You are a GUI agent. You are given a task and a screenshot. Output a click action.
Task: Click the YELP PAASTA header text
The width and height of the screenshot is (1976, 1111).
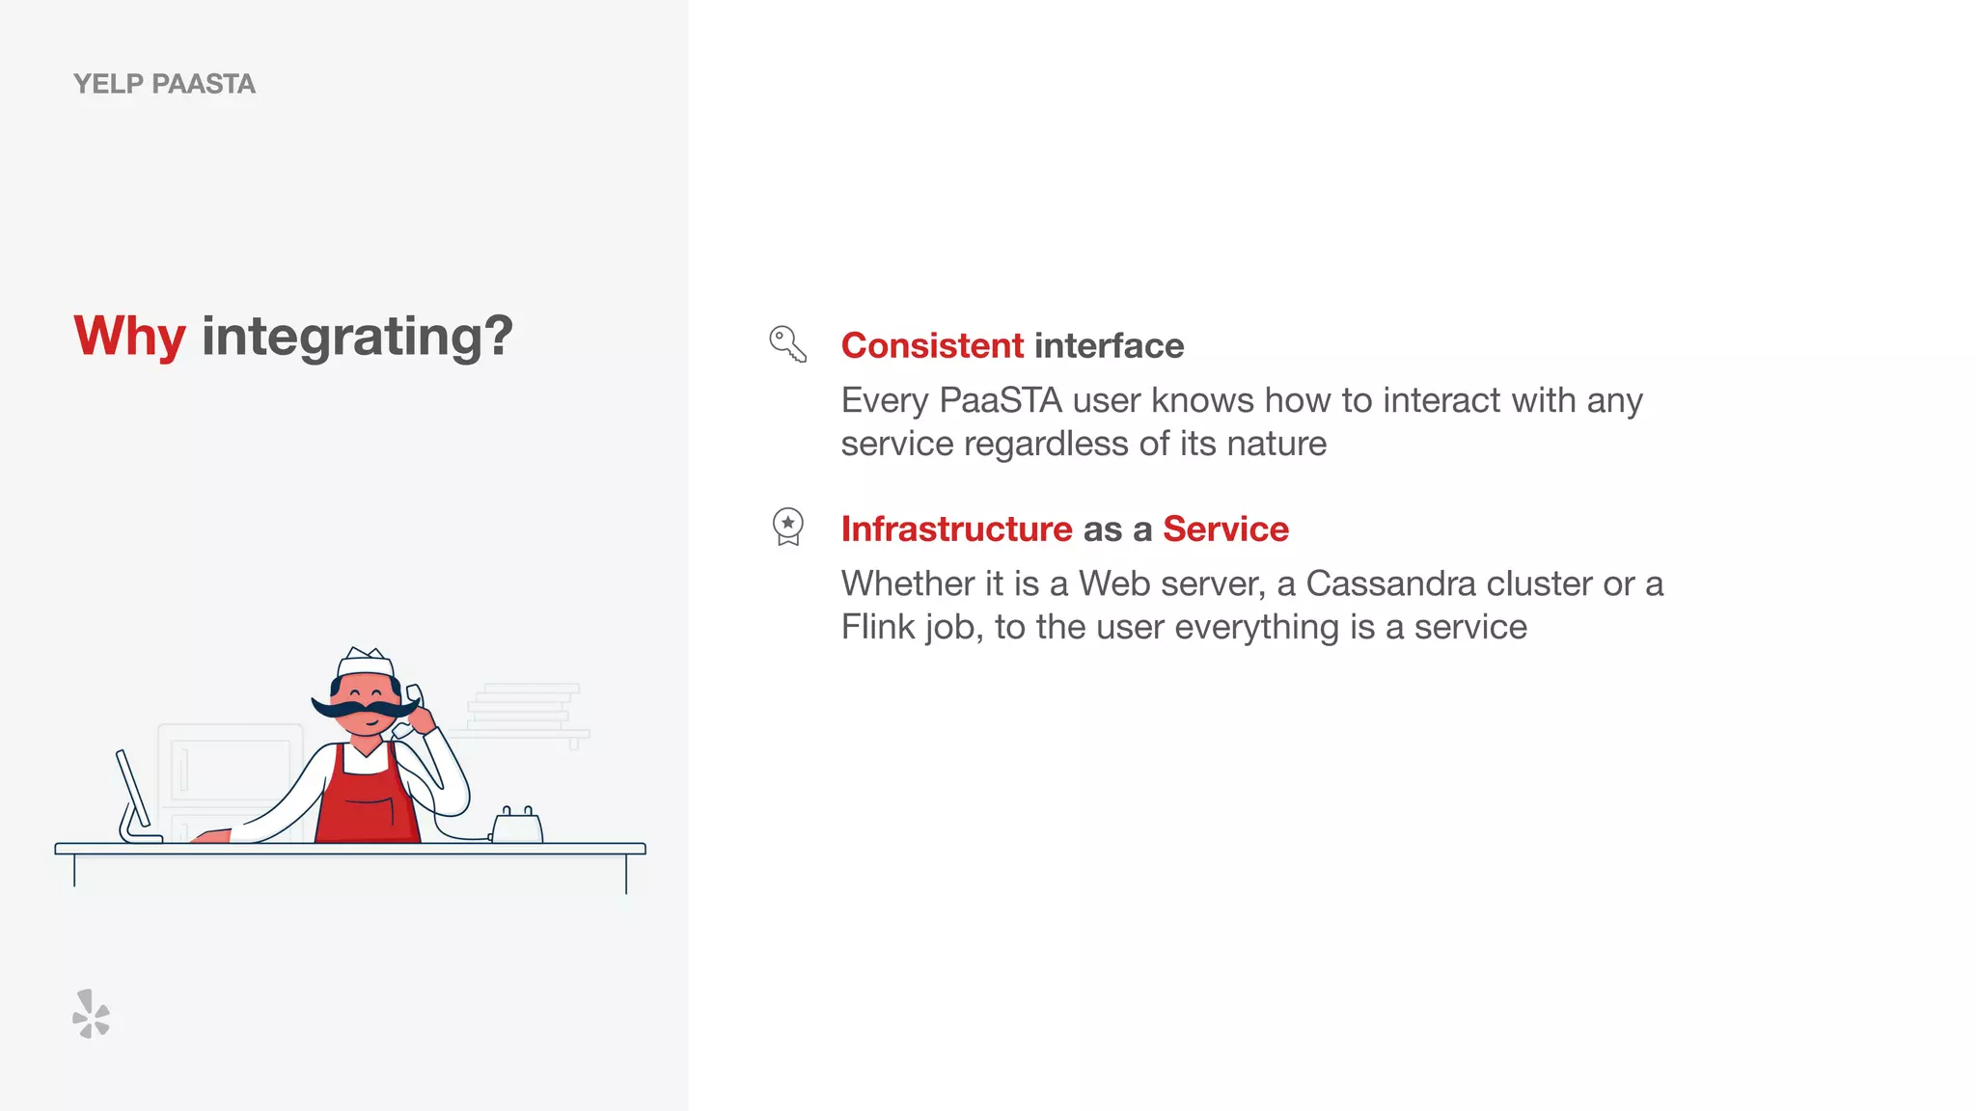point(164,84)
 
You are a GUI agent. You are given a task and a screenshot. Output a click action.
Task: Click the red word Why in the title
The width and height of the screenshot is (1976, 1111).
point(129,337)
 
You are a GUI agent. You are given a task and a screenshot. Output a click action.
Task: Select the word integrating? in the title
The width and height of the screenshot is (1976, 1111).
point(357,337)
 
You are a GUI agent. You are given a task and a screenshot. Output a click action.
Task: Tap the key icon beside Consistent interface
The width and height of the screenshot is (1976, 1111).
point(787,344)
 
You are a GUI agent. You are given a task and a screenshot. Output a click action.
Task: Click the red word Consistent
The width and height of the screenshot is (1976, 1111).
point(932,345)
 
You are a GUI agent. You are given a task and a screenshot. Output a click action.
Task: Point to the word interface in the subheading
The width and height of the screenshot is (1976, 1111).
point(1109,345)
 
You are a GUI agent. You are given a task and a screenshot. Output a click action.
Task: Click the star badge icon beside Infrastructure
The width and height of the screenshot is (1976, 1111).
point(788,527)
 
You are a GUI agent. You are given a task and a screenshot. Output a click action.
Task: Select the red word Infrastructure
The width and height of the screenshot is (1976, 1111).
point(956,528)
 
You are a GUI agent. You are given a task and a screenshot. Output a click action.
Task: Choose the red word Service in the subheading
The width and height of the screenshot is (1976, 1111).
point(1225,528)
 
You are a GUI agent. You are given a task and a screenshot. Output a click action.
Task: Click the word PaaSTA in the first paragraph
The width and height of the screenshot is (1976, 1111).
point(1000,400)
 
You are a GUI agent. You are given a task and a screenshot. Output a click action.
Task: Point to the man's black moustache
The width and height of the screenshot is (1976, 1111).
point(364,709)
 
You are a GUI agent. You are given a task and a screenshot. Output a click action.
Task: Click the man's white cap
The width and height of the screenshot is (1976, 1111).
point(366,664)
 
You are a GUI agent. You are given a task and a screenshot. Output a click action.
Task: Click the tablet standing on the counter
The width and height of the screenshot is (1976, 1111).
point(134,796)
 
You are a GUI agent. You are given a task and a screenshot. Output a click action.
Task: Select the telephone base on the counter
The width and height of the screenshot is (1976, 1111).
point(517,827)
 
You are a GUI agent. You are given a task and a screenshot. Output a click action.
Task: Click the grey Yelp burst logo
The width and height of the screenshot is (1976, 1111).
point(92,1014)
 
